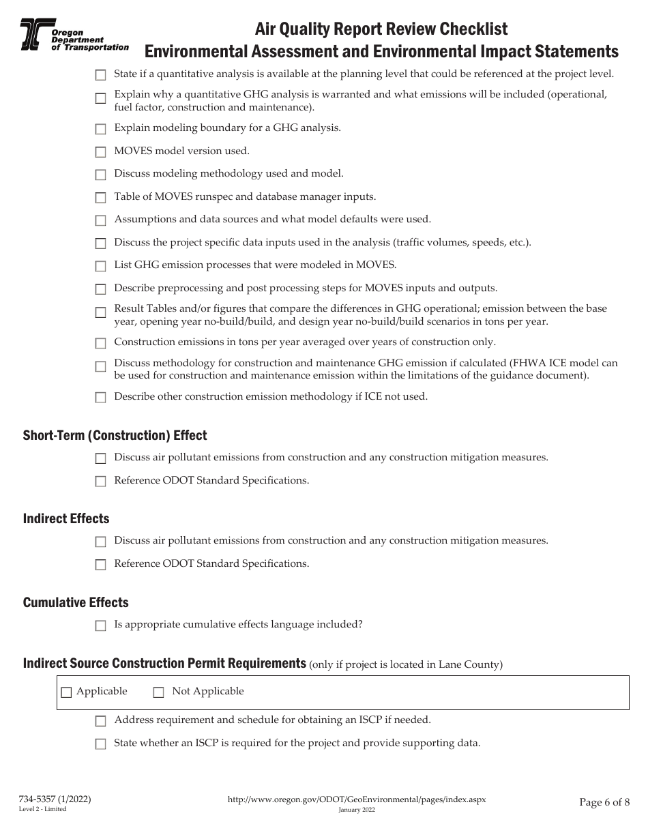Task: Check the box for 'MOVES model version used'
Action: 100,152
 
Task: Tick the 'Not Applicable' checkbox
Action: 158,692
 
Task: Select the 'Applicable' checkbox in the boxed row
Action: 66,692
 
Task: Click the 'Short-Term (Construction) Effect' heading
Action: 115,435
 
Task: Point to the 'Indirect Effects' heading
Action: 66,518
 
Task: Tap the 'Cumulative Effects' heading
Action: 76,602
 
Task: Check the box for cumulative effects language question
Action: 100,625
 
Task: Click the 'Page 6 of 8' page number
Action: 604,802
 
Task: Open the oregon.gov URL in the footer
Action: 356,799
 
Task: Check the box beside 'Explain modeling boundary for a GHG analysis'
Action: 100,129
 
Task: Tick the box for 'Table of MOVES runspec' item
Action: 100,198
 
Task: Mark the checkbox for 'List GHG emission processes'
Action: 100,266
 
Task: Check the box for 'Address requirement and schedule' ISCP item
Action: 100,721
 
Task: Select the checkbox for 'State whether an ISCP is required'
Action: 100,744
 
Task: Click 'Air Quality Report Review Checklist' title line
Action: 381,29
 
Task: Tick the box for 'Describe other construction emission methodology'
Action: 100,398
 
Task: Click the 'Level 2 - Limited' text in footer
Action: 42,809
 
